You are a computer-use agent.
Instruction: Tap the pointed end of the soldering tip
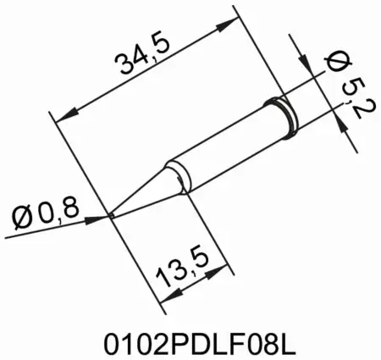point(113,216)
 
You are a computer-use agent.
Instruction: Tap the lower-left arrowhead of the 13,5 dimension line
point(164,297)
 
